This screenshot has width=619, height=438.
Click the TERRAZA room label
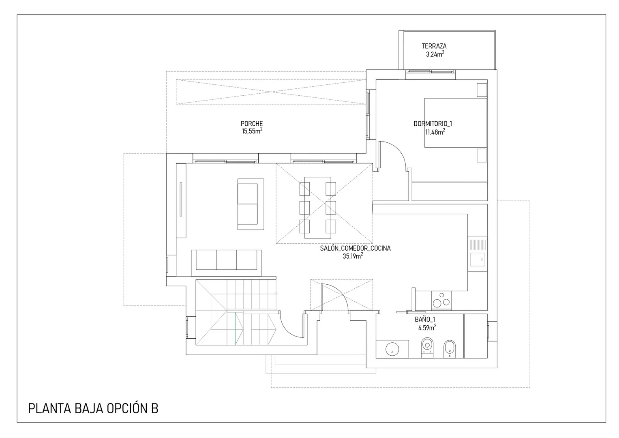pos(434,46)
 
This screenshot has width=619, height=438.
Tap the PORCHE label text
pos(251,124)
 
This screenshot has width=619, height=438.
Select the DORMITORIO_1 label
pos(433,124)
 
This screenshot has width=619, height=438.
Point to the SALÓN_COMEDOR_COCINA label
pos(356,248)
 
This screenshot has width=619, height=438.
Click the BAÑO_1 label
pos(425,320)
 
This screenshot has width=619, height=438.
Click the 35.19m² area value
pos(353,256)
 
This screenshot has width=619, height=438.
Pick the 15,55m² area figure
pos(252,131)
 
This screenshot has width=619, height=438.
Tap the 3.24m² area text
pos(435,54)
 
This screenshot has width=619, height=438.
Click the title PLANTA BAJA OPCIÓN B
pos(93,409)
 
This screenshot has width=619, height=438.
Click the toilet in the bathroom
pos(427,348)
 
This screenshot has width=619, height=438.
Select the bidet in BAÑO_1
pos(450,349)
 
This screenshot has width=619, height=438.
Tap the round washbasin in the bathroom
pos(392,349)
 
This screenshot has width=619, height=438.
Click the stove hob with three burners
pos(441,300)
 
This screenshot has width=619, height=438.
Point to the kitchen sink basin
pos(478,260)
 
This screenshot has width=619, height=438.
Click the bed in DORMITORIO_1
pos(456,122)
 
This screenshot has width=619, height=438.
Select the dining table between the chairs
pos(318,207)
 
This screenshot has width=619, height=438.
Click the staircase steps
pos(236,312)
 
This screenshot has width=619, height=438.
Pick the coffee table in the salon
pos(251,204)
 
